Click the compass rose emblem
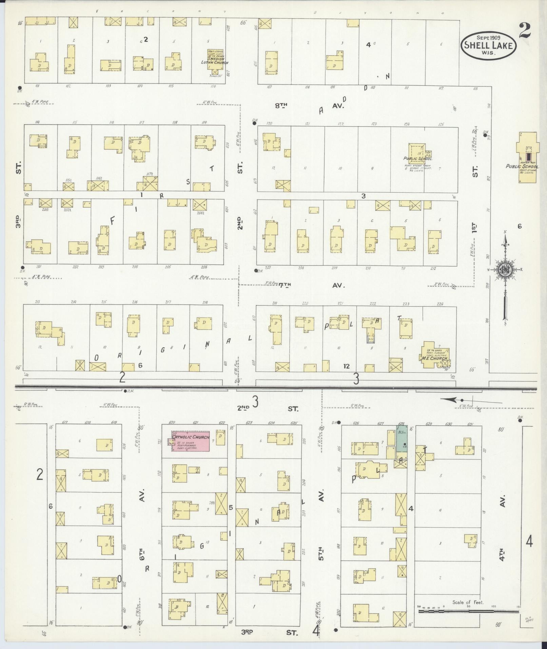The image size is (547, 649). pos(505,270)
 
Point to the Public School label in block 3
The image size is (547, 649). pos(417,158)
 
